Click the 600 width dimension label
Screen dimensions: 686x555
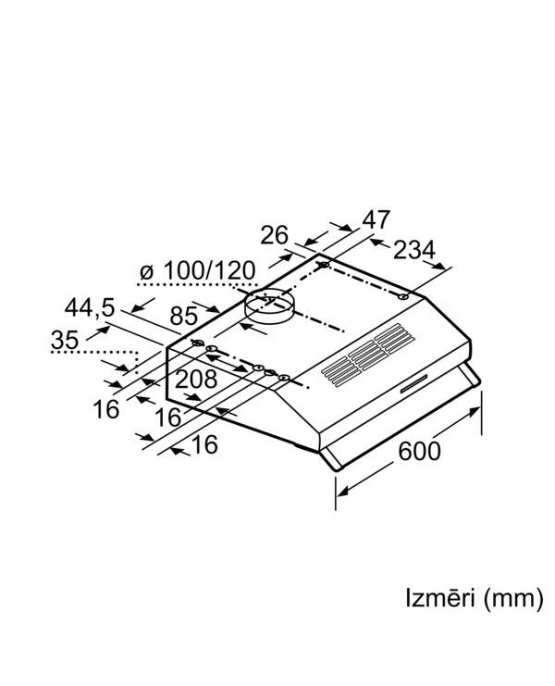pyautogui.click(x=419, y=451)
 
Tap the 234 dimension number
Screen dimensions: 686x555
pyautogui.click(x=415, y=251)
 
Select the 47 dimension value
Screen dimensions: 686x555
pyautogui.click(x=376, y=220)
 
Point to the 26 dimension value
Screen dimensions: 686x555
pyautogui.click(x=274, y=236)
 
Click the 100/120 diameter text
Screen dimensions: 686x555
pyautogui.click(x=209, y=271)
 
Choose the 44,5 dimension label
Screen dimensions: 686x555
pyautogui.click(x=90, y=307)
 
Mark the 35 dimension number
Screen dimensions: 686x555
pyautogui.click(x=65, y=340)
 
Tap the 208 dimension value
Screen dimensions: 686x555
pyautogui.click(x=196, y=378)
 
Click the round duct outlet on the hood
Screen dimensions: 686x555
pyautogui.click(x=270, y=306)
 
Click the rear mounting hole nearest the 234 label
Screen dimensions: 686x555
pyautogui.click(x=404, y=296)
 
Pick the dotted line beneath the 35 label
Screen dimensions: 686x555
pyautogui.click(x=92, y=352)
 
